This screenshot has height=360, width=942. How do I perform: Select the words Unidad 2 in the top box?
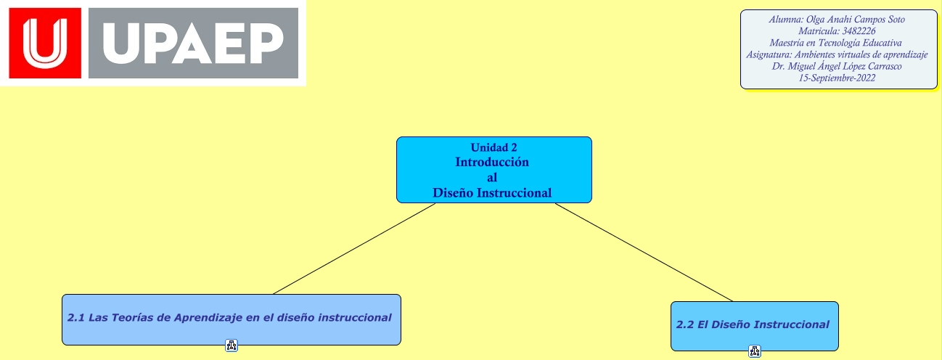[493, 148]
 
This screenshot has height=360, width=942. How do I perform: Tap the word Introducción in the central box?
[492, 163]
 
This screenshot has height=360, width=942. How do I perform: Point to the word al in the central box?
[492, 178]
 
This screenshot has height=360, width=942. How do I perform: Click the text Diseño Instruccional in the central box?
[492, 193]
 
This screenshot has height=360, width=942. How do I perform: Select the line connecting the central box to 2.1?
[354, 249]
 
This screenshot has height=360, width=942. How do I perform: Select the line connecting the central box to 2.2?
[644, 252]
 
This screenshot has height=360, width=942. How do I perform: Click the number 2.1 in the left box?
[76, 318]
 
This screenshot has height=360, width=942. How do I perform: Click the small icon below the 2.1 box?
[232, 346]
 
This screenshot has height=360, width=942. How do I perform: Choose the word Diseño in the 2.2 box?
[729, 325]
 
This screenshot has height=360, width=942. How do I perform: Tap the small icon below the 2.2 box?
[755, 352]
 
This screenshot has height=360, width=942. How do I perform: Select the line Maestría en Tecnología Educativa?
[836, 43]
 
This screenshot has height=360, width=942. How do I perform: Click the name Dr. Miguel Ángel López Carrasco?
[837, 66]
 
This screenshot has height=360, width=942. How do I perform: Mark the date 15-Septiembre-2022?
[837, 78]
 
